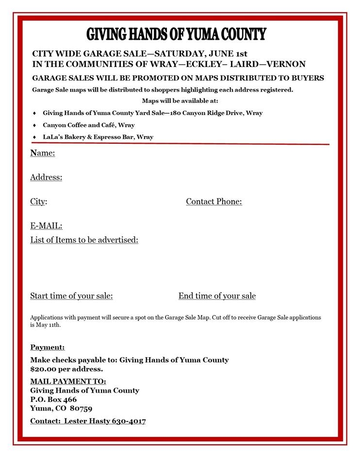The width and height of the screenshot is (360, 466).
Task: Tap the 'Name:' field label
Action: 43,153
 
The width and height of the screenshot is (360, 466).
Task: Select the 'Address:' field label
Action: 46,177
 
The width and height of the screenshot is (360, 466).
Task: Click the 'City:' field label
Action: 39,201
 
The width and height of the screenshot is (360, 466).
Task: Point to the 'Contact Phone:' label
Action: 214,201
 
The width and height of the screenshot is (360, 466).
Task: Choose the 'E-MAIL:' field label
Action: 46,226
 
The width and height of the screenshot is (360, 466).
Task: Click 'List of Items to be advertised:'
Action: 84,240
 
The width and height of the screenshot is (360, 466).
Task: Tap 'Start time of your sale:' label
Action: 71,296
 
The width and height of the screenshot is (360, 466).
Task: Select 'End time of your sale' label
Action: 217,296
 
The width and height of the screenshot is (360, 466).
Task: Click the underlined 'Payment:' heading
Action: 47,347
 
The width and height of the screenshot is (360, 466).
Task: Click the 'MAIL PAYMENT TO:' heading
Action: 68,381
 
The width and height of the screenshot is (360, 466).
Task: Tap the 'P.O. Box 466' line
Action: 53,399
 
